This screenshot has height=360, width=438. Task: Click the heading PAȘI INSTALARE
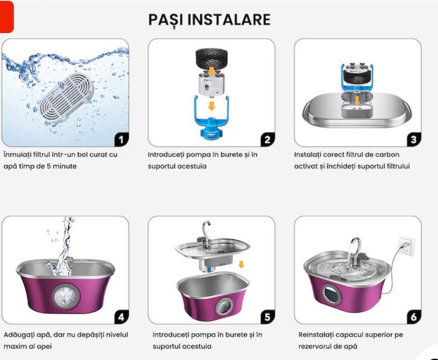pyautogui.click(x=209, y=20)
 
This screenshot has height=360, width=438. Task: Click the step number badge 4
pyautogui.click(x=121, y=317)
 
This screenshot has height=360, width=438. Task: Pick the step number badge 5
pyautogui.click(x=267, y=317)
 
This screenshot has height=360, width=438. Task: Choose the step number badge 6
pyautogui.click(x=413, y=317)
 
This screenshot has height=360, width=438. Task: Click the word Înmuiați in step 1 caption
pyautogui.click(x=17, y=155)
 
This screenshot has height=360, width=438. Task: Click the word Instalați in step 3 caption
pyautogui.click(x=309, y=155)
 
